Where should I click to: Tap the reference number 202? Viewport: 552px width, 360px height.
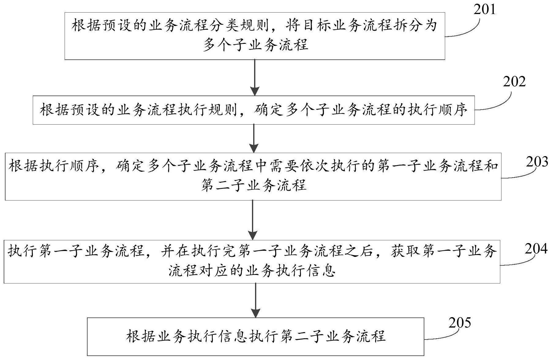[514, 82]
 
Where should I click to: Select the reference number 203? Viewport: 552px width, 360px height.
[537, 162]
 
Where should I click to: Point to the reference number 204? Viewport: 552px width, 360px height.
[536, 249]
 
